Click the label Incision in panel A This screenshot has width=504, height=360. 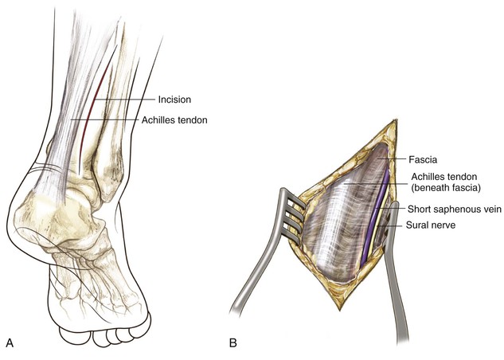(174, 100)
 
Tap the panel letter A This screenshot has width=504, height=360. (10, 343)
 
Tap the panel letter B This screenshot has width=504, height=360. (233, 343)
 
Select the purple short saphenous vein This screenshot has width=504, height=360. (377, 231)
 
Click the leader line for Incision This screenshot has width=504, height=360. (127, 100)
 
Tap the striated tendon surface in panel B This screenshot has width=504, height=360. (342, 231)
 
